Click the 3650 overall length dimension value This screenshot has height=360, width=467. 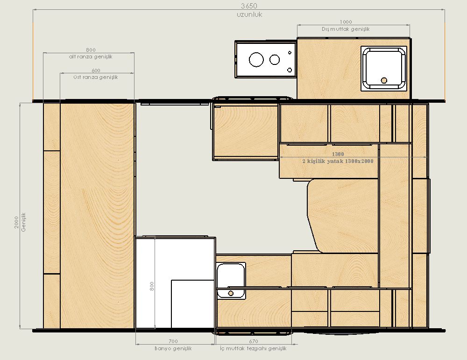[249, 6]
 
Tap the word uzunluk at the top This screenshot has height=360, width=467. [249, 14]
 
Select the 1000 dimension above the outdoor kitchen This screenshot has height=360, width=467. [346, 22]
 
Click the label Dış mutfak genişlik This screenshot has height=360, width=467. [346, 29]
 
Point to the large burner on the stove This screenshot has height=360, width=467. [256, 60]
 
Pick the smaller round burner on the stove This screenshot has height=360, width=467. [275, 60]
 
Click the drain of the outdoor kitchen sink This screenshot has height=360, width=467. [384, 80]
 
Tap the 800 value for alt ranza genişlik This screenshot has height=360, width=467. [91, 49]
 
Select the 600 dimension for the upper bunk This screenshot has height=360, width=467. [96, 71]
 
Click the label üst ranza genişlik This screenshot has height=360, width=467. [96, 77]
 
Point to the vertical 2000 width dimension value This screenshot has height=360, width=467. [16, 222]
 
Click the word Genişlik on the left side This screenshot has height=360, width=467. [23, 222]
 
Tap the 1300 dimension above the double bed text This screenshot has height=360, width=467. [338, 154]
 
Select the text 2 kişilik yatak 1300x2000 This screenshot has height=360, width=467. [338, 161]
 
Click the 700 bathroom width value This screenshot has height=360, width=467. [173, 341]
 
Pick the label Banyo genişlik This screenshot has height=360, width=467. [173, 348]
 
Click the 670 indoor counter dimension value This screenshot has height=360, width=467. [254, 341]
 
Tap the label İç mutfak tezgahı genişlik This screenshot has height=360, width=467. [253, 348]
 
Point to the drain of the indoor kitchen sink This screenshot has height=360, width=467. [231, 293]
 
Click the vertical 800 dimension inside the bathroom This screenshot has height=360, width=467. [152, 286]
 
